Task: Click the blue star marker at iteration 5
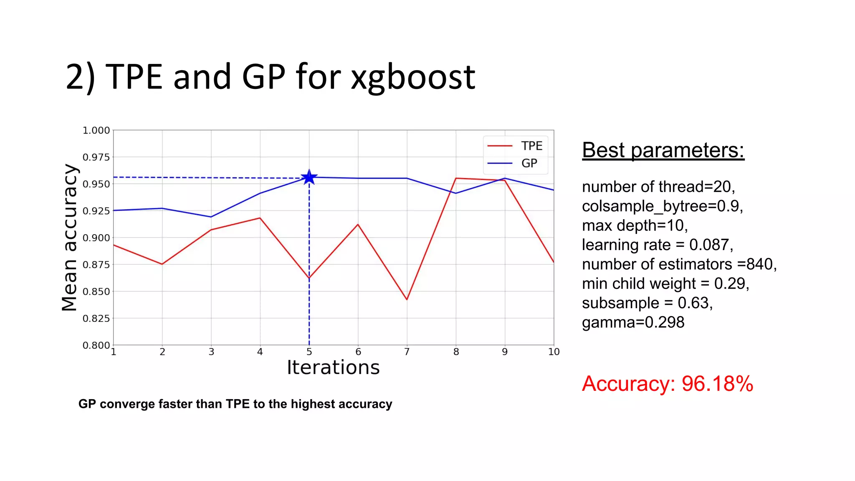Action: pos(309,177)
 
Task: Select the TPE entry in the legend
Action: pos(531,146)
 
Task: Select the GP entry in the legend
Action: pos(529,163)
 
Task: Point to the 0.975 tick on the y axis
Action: pos(96,157)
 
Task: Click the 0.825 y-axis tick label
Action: pos(96,319)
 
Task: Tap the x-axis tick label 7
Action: pos(407,352)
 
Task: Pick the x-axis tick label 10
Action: pos(554,352)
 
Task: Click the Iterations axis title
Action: pos(333,368)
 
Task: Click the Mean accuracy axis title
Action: pos(70,237)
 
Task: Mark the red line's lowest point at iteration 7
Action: pos(407,299)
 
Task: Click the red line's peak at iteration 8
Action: pos(456,178)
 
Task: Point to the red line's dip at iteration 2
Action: pos(162,264)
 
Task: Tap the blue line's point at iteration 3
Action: pos(211,217)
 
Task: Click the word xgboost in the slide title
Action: pos(412,77)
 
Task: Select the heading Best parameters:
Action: pos(663,150)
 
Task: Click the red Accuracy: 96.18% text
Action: pos(667,384)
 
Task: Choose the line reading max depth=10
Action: pos(635,225)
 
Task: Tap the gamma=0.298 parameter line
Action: pos(633,322)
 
